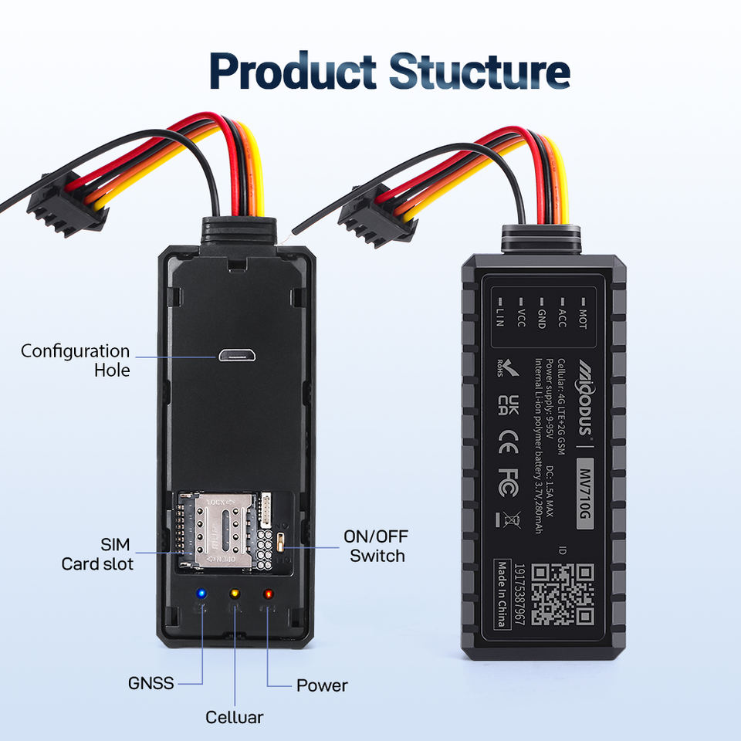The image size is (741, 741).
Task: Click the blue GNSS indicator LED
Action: tap(201, 594)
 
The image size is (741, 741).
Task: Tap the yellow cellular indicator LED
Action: tap(235, 594)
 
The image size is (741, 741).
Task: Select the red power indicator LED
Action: tap(269, 594)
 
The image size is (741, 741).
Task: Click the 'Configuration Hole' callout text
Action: tap(75, 360)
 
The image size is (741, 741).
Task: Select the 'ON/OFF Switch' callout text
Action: tap(377, 546)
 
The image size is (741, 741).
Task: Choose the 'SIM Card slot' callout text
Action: tap(97, 554)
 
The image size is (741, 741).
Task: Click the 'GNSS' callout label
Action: tap(151, 683)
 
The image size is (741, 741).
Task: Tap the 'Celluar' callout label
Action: tap(234, 717)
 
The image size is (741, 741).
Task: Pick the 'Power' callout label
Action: tap(322, 685)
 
